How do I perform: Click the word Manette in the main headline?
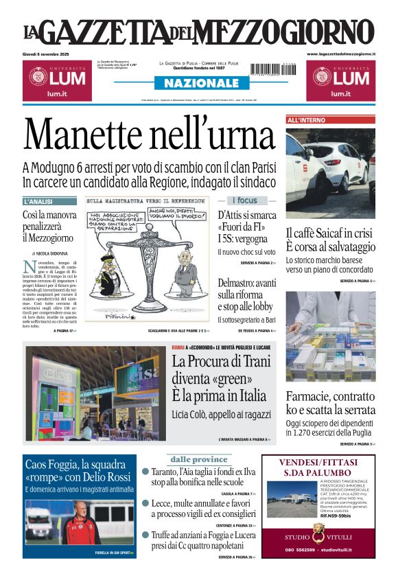pos(90,134)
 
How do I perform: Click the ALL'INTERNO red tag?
pos(306,120)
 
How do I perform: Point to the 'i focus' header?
pos(246,200)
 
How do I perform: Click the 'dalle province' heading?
pos(198,459)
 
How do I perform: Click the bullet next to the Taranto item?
pos(145,472)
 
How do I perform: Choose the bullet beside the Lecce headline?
pos(145,503)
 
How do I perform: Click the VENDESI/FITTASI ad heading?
pos(318,466)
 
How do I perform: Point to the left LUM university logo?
pos(55,80)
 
